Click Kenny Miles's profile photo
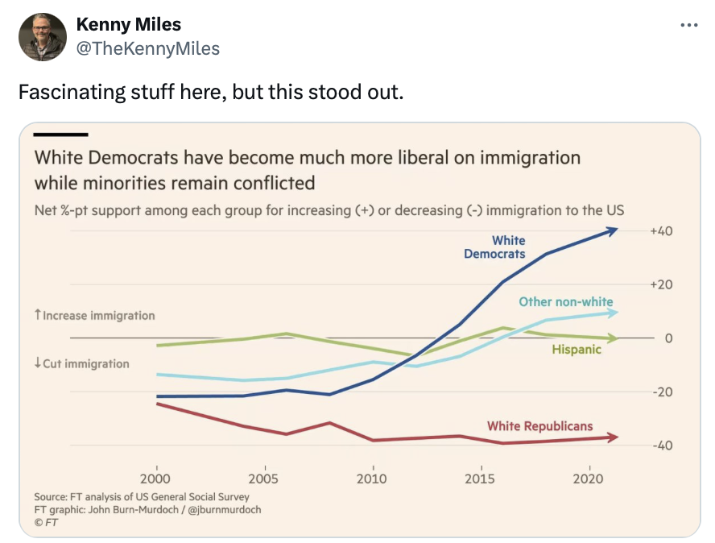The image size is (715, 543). [42, 36]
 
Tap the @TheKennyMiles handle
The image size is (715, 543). [147, 49]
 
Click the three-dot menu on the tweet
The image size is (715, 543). [688, 25]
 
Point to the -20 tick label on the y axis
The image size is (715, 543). [662, 392]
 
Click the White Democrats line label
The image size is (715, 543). [495, 247]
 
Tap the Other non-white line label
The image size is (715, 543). [565, 302]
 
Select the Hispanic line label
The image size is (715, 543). [577, 350]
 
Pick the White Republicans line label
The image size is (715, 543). [539, 426]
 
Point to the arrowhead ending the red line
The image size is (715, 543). [614, 437]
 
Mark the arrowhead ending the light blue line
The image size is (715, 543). [614, 313]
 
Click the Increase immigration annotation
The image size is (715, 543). [94, 316]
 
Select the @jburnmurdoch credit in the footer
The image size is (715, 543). [225, 510]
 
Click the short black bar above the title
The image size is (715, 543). [60, 135]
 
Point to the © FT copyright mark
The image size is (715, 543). [46, 523]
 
